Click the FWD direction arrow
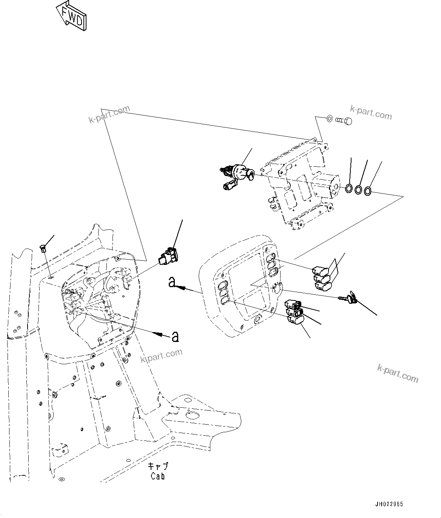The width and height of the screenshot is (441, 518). [71, 16]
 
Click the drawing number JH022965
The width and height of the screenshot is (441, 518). [389, 504]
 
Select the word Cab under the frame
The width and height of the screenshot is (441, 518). [157, 476]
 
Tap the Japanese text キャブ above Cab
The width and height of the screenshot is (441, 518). [158, 467]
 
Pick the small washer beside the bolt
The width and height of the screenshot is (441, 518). [329, 119]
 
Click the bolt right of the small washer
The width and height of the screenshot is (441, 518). [344, 121]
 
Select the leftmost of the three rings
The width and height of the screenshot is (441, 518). [350, 188]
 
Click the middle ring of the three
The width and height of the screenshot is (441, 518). [359, 190]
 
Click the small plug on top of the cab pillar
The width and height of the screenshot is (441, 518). [43, 248]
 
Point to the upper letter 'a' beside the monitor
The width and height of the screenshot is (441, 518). [172, 282]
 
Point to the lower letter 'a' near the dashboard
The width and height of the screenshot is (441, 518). [175, 336]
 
